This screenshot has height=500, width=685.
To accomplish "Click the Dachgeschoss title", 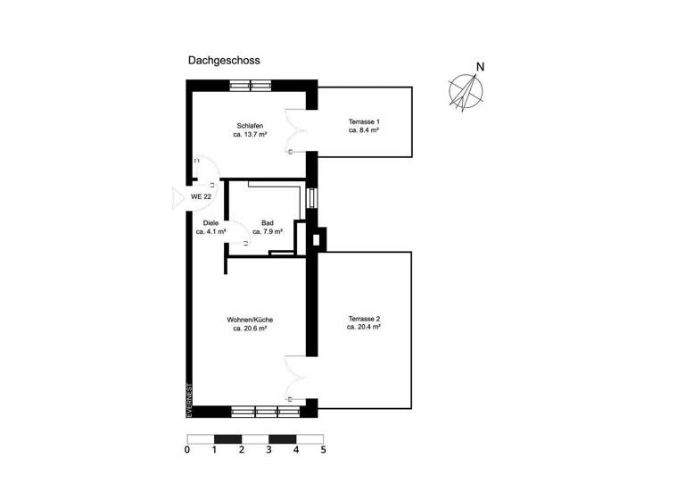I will point(223,62).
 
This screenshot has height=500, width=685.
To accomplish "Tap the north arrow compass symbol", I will point(466,88).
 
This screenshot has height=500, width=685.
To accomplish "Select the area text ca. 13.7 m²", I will point(250,135).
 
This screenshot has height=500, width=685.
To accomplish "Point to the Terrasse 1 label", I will point(364,121).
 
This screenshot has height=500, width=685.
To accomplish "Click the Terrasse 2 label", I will point(364,318).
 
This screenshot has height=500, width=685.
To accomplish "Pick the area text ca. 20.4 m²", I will point(364,328).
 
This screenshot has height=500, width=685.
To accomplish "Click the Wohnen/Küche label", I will point(250,319).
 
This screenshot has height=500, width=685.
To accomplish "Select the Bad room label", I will point(267,222).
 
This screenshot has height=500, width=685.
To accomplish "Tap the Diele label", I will point(210,222).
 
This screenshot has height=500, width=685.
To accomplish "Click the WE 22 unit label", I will point(201,196).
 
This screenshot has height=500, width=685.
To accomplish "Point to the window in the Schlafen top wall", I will point(250,86).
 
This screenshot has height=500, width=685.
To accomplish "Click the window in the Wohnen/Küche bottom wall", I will point(265,412).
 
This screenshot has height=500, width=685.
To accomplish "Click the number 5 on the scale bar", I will point(323,450).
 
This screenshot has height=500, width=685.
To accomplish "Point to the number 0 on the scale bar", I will point(187,450).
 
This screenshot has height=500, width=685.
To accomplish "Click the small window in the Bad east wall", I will point(311,197).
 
